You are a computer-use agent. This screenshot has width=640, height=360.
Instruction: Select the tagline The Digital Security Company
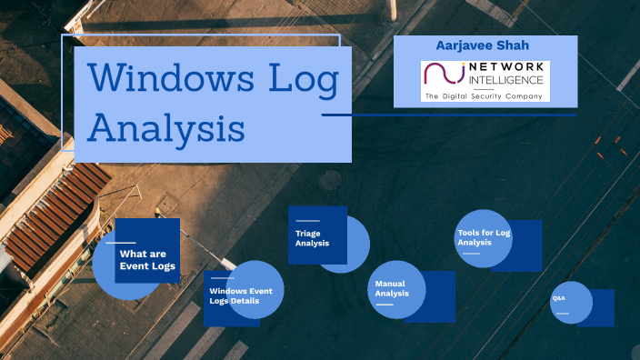[485, 95]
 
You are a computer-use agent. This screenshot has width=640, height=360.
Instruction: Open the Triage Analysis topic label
[312, 239]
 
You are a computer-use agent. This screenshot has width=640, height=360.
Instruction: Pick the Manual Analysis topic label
[393, 289]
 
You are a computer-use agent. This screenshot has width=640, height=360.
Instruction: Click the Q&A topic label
[558, 298]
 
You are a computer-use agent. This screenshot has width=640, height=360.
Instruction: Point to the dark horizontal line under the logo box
[450, 115]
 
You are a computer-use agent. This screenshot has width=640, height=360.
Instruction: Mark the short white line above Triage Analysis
[307, 221]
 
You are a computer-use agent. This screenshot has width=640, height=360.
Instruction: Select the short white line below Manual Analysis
[385, 305]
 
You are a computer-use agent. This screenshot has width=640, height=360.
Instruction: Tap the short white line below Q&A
[562, 314]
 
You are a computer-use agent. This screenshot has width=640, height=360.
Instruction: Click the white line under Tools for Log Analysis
[470, 254]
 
